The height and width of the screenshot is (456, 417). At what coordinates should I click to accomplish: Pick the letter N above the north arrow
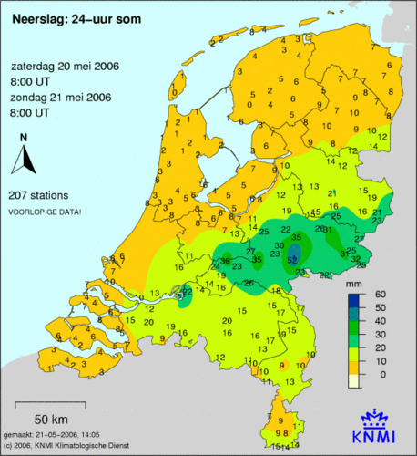[24, 138]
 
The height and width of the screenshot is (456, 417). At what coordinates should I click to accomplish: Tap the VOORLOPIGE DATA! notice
[44, 212]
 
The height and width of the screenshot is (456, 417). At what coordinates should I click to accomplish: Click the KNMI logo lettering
[375, 436]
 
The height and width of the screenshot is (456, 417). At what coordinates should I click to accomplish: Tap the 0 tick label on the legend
[381, 374]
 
